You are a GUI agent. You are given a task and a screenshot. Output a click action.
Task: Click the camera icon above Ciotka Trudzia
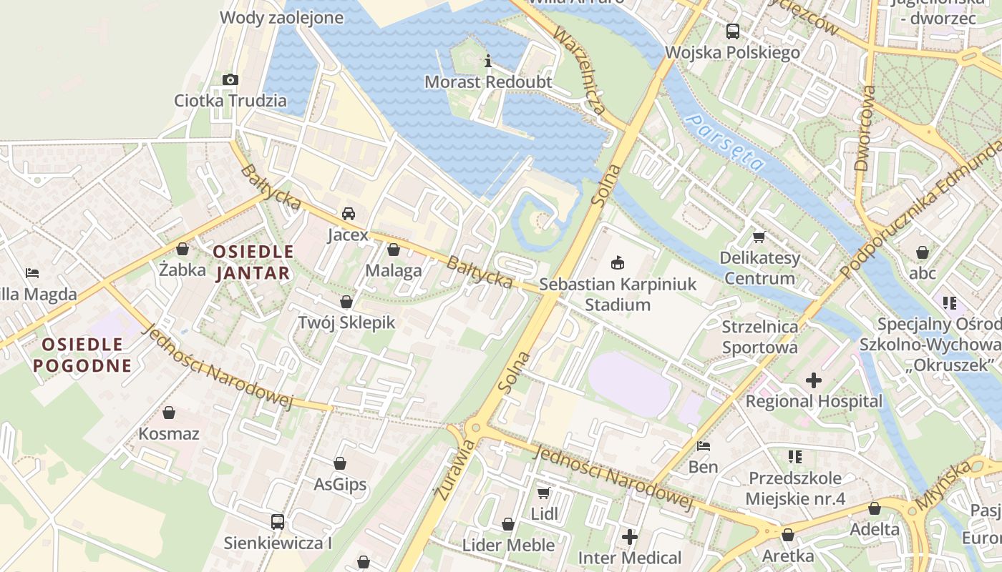(230, 79)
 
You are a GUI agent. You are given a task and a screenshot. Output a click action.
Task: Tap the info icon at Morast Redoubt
(488, 61)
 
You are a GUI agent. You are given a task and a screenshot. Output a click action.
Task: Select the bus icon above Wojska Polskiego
(732, 31)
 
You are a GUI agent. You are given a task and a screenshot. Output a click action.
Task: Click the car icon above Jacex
(348, 214)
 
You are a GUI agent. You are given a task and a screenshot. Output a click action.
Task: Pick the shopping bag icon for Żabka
(183, 249)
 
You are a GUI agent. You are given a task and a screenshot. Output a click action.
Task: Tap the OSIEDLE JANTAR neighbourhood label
(253, 262)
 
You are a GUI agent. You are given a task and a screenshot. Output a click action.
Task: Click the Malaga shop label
(394, 270)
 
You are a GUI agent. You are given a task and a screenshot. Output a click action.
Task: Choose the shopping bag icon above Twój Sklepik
(346, 302)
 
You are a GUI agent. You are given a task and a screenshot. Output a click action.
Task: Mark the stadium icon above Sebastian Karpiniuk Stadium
(617, 263)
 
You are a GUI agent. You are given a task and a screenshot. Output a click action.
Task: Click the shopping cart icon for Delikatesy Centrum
(759, 237)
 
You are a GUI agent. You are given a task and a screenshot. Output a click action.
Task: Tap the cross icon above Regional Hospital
(814, 380)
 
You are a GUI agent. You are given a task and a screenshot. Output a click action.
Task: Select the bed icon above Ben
(704, 446)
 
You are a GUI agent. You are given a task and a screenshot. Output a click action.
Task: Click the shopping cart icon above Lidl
(544, 493)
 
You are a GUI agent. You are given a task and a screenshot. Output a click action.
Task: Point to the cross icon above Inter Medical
(630, 536)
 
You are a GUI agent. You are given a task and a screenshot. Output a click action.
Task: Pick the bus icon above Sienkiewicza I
(278, 522)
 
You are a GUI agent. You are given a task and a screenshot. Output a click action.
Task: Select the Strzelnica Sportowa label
(760, 337)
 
